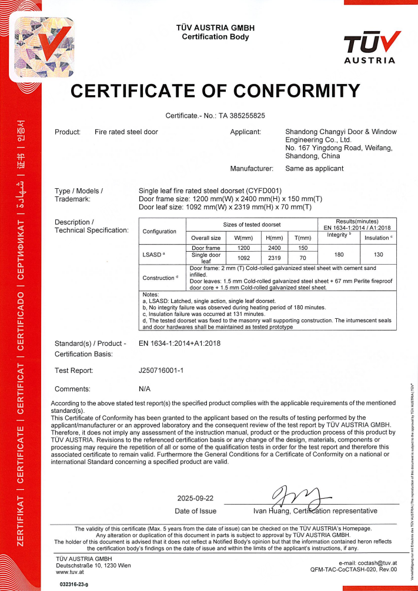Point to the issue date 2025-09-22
coord(196,499)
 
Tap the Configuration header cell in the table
coord(159,231)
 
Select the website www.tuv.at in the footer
coord(68,571)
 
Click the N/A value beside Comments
coord(145,389)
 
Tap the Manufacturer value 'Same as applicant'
coord(314,169)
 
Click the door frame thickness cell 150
coord(303,248)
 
